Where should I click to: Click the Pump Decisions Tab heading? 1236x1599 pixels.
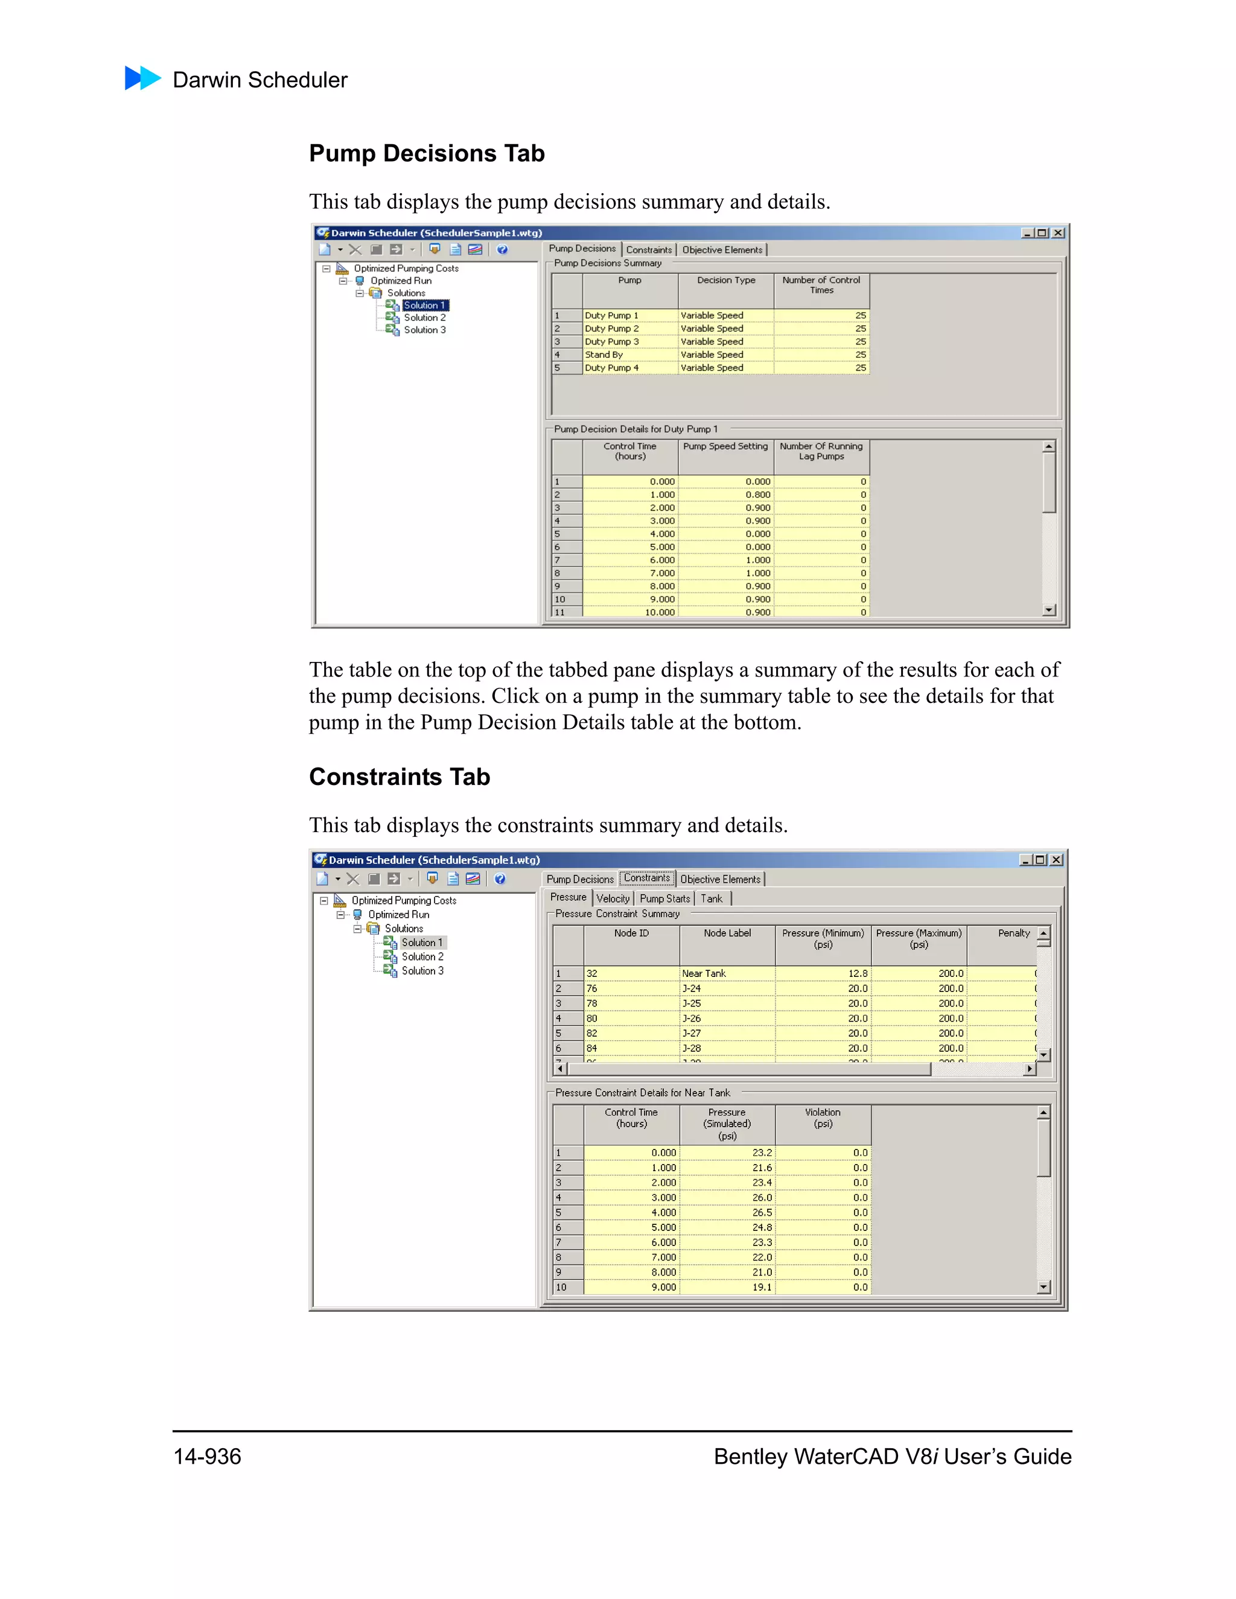426,154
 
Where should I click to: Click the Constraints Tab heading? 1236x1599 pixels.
399,777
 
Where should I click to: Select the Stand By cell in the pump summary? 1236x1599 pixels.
604,355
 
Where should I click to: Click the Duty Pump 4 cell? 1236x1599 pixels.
611,368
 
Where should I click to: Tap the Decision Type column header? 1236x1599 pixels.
725,281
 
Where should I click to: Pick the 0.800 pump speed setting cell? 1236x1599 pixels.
757,495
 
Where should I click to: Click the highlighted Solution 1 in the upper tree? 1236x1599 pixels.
424,305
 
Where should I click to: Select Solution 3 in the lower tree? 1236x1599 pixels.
422,971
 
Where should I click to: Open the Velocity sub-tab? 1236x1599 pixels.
612,899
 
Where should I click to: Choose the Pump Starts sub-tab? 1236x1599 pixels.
664,899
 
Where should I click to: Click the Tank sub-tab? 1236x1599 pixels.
711,899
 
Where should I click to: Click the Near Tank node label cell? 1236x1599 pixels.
704,974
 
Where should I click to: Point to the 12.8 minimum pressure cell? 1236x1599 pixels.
858,974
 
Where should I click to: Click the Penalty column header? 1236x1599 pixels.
1013,933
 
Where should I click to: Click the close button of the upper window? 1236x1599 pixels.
1058,233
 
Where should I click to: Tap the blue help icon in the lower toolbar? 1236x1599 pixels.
500,879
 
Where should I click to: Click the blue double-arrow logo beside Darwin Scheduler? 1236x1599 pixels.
143,78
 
